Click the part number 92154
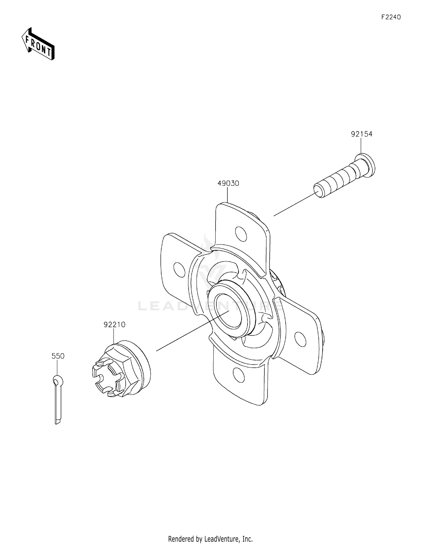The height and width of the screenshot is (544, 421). point(361,134)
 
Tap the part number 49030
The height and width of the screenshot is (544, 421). point(228,183)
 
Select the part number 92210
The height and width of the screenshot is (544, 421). point(115,324)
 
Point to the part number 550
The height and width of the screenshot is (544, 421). point(58,356)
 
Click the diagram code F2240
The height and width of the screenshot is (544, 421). point(391,17)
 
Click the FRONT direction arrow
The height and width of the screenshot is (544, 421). point(38,44)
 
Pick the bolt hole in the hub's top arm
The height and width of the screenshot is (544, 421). point(241,233)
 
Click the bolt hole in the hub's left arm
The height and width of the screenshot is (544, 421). point(180,269)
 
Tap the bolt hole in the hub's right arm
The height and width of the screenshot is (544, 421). point(301,339)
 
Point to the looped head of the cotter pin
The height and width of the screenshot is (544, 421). point(58,381)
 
